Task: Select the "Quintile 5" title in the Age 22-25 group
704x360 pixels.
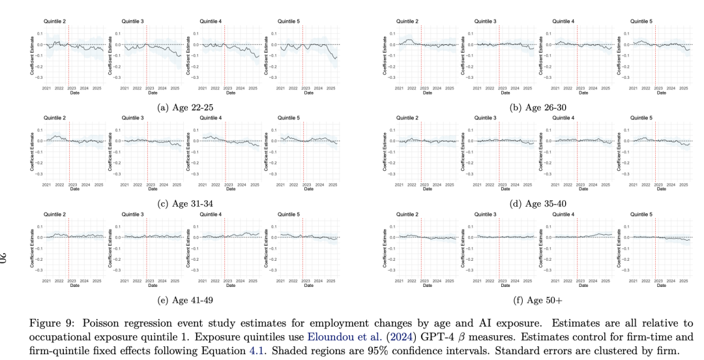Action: point(289,22)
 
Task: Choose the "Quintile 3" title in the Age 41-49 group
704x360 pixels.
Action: point(133,214)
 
